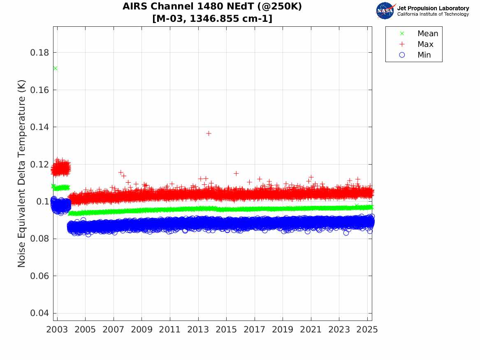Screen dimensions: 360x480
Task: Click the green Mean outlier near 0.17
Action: pos(55,68)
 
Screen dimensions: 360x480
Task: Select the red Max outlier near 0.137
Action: pos(209,133)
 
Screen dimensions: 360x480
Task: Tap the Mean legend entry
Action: pos(427,34)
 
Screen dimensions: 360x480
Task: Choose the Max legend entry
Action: pos(425,44)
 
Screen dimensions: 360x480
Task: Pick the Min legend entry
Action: pos(424,55)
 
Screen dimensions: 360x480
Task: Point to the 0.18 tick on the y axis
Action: pos(41,53)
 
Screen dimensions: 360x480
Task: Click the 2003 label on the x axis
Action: pos(57,330)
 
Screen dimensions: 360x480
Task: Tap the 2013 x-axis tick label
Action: pos(198,330)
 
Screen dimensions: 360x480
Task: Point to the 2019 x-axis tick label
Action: pos(283,330)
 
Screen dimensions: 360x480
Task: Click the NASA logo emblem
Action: pos(385,11)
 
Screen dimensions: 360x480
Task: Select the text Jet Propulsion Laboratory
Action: pos(433,8)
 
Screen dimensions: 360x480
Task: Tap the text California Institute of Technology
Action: pos(433,14)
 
